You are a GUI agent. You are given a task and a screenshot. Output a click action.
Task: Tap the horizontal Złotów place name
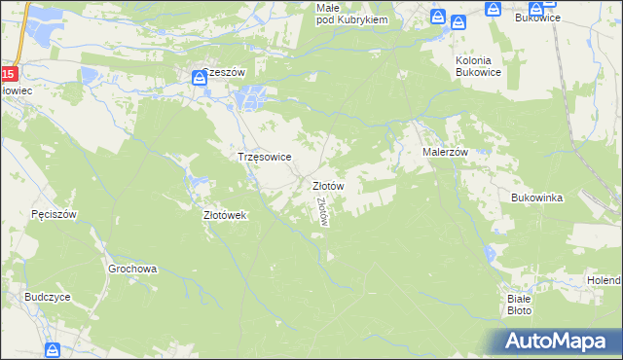click(327, 185)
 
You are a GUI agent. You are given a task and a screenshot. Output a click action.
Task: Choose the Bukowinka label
click(537, 198)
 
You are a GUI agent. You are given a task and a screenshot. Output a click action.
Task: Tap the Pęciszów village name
click(54, 214)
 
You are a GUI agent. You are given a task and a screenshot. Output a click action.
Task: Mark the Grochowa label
click(132, 269)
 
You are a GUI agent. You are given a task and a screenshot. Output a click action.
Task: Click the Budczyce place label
click(49, 298)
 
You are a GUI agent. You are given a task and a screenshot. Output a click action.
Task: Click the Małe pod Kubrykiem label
click(352, 14)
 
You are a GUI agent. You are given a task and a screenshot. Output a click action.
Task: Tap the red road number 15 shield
click(8, 74)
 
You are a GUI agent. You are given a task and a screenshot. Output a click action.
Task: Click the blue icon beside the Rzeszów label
click(200, 78)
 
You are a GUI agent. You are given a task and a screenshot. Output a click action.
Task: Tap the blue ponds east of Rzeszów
click(251, 97)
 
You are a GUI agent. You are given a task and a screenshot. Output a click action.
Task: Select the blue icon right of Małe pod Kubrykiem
click(438, 18)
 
